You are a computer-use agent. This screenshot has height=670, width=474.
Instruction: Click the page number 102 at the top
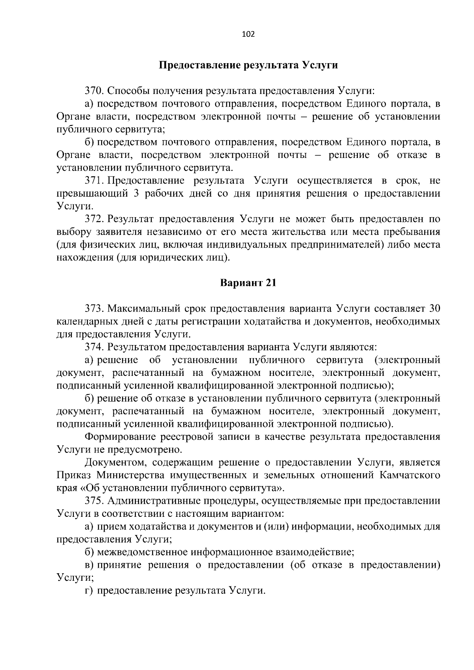click(248, 34)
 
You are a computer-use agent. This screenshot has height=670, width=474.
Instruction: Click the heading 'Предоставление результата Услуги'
click(248, 65)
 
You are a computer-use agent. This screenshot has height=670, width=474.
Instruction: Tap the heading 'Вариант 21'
click(248, 283)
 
